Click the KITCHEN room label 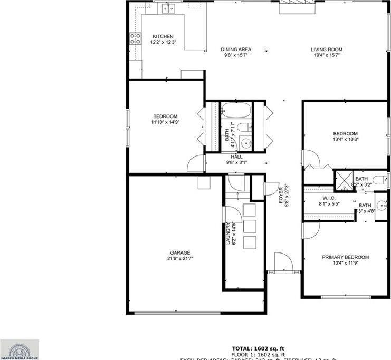tap(163, 36)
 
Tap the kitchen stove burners tap(135, 38)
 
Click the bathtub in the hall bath tap(235, 111)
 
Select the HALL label tap(236, 157)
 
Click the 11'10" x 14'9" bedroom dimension tap(165, 122)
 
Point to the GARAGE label tap(180, 252)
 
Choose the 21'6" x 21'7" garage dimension tap(180, 258)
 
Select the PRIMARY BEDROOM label tap(346, 257)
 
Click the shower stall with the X tap(344, 178)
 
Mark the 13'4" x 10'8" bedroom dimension tap(346, 140)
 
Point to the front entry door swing tap(282, 262)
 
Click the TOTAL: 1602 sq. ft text tap(258, 348)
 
